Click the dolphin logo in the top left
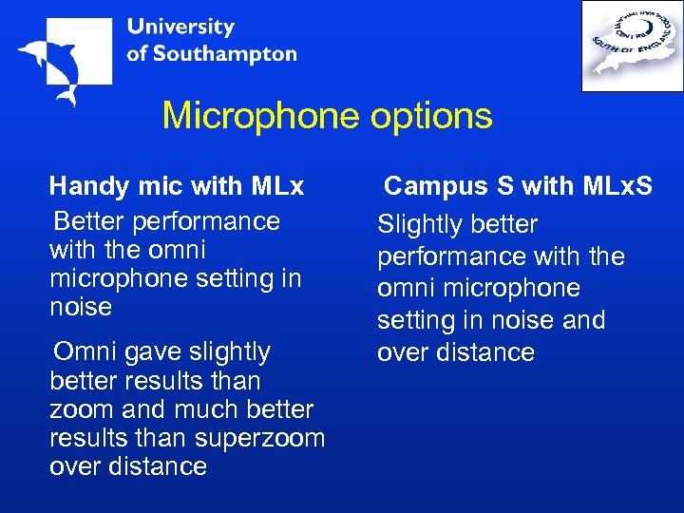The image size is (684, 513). [x=61, y=60]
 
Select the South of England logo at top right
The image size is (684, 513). [x=632, y=46]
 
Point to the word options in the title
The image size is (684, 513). [x=431, y=116]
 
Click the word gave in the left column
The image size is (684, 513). [x=156, y=351]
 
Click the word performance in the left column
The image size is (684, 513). [x=207, y=221]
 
